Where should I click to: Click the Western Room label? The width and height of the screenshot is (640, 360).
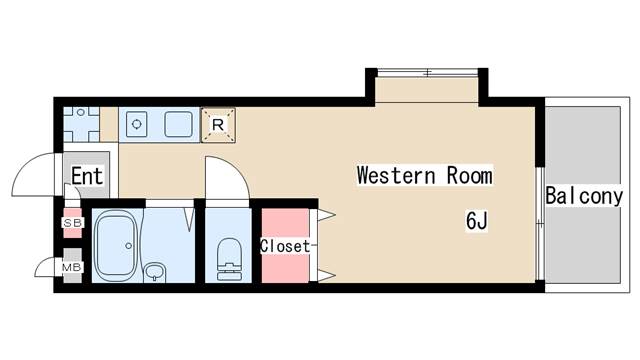click(x=424, y=176)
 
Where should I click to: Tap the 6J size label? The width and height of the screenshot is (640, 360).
click(x=477, y=221)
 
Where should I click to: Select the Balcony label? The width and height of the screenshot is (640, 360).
click(x=584, y=196)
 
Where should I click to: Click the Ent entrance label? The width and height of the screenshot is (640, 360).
click(x=87, y=176)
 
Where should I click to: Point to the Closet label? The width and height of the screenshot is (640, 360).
click(x=285, y=246)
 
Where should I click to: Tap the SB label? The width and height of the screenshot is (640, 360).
click(x=73, y=223)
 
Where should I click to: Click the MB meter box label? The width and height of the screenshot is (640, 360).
click(x=72, y=268)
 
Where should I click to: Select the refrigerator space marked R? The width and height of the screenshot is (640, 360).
click(x=218, y=125)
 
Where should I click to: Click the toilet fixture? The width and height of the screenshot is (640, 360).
click(x=229, y=259)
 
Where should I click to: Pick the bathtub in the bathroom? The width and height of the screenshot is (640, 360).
click(x=115, y=246)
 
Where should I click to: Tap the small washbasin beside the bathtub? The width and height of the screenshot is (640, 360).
click(x=155, y=271)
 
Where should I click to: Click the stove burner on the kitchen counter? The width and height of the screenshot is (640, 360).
click(x=137, y=124)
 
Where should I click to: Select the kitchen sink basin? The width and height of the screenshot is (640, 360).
click(x=178, y=124)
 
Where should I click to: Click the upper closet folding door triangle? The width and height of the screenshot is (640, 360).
click(x=326, y=215)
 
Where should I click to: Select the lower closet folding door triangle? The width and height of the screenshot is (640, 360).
click(x=326, y=276)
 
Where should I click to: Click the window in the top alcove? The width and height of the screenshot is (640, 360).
click(x=427, y=73)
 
